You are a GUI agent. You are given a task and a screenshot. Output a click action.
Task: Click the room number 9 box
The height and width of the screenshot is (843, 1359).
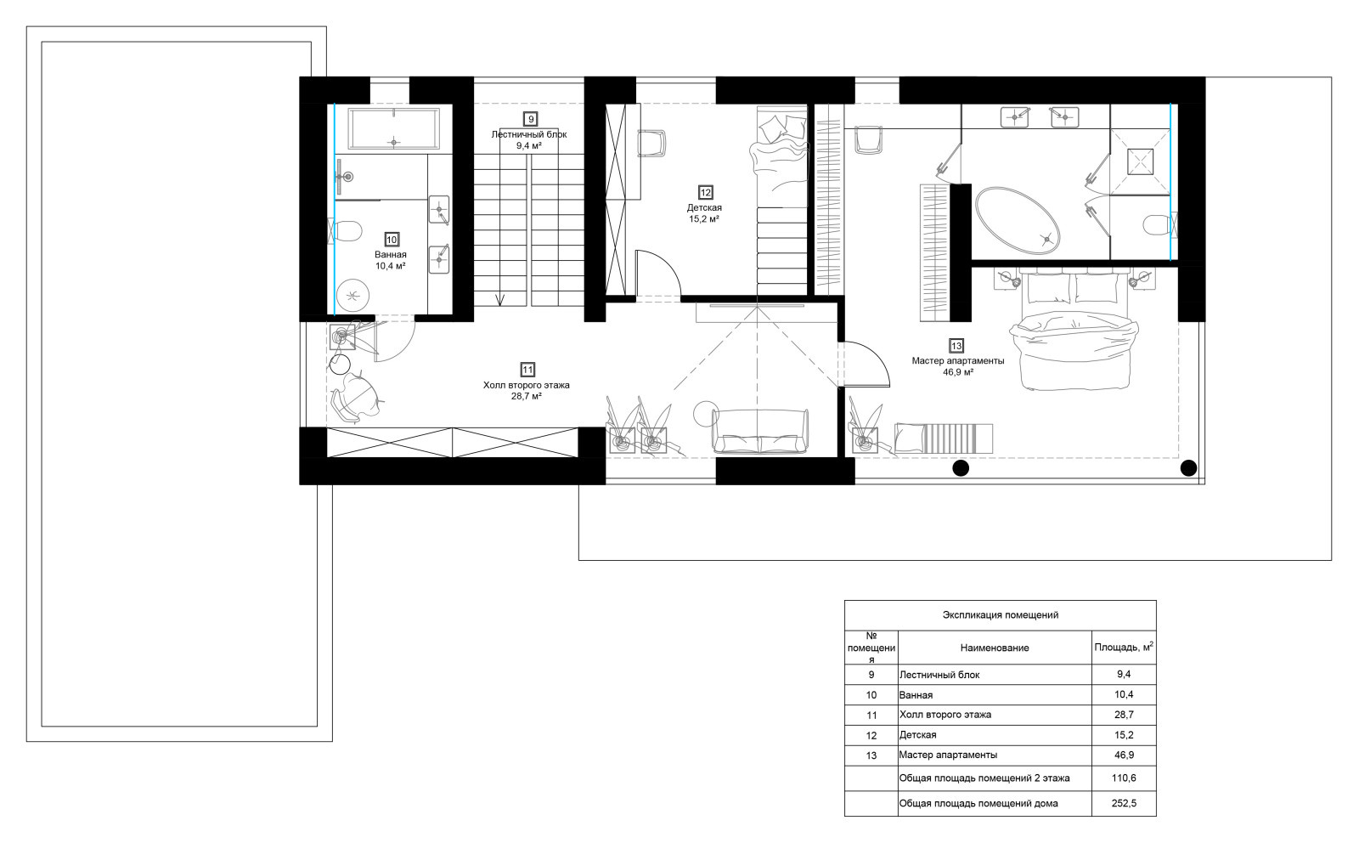click(531, 119)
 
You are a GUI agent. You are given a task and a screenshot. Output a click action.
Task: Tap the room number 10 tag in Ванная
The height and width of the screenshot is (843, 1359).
click(392, 240)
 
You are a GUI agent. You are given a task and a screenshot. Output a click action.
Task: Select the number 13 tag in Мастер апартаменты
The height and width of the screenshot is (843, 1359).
click(956, 346)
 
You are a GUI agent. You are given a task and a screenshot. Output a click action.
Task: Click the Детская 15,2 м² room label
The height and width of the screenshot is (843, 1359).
click(704, 213)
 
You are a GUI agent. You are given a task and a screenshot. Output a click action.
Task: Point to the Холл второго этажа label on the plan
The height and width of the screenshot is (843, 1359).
click(526, 385)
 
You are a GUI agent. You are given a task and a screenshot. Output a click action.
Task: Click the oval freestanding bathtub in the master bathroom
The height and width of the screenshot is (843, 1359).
click(1018, 220)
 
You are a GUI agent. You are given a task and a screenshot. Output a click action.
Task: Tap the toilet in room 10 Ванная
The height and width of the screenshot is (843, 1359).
click(347, 230)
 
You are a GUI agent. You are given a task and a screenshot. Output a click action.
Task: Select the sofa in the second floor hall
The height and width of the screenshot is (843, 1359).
click(760, 431)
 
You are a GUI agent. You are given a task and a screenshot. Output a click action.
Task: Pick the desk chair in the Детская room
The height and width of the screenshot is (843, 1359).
click(651, 144)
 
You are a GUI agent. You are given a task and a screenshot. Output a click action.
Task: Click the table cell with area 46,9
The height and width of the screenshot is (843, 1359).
click(1124, 755)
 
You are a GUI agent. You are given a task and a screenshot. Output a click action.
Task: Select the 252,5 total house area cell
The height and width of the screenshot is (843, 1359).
click(1124, 803)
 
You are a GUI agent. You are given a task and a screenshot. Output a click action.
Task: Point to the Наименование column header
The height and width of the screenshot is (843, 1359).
click(995, 648)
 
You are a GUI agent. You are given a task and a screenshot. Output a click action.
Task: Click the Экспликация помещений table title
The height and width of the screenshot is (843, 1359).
click(1000, 614)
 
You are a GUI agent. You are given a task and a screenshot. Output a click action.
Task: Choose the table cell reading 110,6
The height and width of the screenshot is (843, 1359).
click(1124, 778)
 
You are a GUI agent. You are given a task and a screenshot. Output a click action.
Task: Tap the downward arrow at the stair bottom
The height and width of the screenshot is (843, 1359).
click(500, 298)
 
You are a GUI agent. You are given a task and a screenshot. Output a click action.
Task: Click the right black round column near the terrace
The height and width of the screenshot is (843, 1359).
click(1188, 468)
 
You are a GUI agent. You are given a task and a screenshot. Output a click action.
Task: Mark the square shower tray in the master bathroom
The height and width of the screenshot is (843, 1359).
click(1140, 161)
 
